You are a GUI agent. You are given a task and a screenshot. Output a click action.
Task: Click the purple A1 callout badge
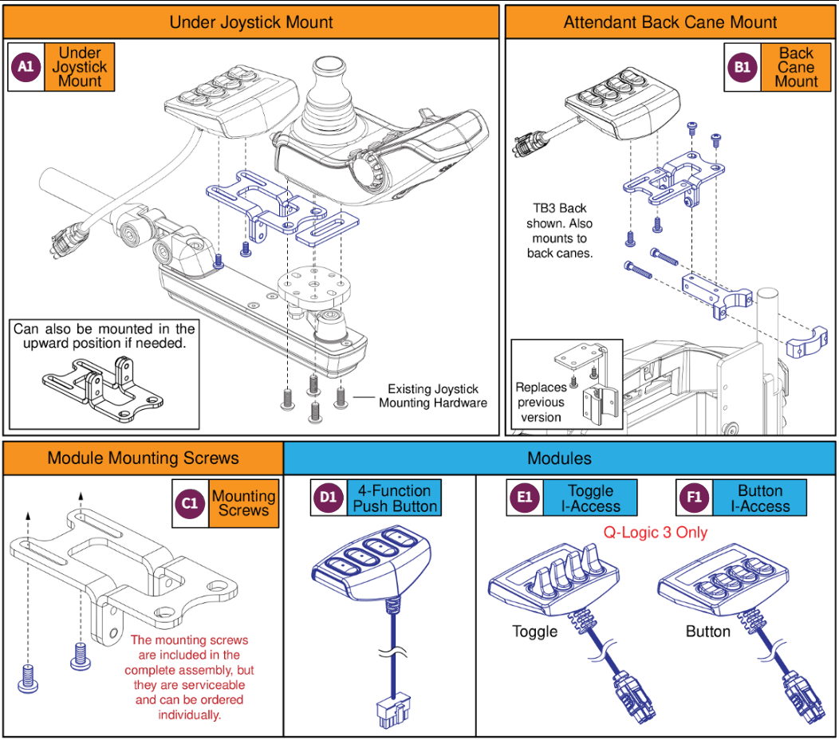(x=26, y=67)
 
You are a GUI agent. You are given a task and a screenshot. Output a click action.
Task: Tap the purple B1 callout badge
(x=742, y=67)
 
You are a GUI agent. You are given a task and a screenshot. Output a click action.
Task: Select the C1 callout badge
(x=190, y=503)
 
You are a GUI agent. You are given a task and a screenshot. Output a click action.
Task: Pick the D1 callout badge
(x=328, y=498)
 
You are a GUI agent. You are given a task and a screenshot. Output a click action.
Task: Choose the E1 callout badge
(x=524, y=498)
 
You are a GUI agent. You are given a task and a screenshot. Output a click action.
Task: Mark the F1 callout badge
(x=691, y=498)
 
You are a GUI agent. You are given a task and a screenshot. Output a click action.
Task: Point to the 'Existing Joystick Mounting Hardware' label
(x=432, y=396)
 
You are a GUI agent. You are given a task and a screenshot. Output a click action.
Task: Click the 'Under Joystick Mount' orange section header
(x=251, y=22)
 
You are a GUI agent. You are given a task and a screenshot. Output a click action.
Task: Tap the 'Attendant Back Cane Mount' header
(x=670, y=22)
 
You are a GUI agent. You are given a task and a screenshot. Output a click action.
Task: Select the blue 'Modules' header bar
(x=559, y=458)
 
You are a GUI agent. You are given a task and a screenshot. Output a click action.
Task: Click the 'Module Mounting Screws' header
(x=143, y=458)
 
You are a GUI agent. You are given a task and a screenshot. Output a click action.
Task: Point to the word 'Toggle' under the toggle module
(x=534, y=632)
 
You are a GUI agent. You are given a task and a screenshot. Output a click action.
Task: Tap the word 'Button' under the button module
(x=707, y=632)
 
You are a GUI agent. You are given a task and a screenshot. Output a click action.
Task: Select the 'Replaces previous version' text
(x=541, y=402)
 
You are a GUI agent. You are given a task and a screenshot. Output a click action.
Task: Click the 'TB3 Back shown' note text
(x=559, y=231)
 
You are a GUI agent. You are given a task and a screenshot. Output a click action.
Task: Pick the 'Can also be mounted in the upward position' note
(x=104, y=336)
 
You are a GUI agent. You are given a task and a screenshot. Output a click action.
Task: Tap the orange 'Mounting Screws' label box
(x=243, y=503)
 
